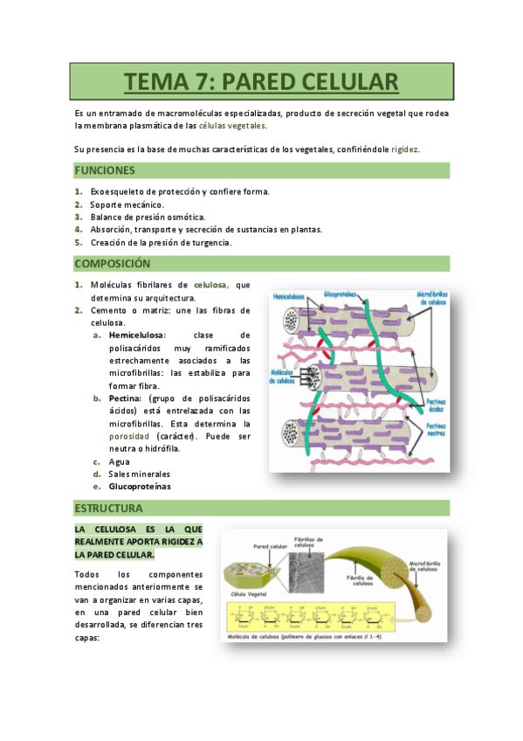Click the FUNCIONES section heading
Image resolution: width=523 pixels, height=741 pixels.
[104, 170]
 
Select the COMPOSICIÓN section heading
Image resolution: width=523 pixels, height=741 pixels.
[113, 263]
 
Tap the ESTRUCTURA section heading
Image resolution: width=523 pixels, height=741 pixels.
[108, 508]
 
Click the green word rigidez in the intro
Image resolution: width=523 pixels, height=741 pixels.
[404, 149]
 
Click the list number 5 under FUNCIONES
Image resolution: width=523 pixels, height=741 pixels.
[78, 242]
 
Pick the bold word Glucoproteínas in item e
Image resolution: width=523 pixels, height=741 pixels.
[140, 486]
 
